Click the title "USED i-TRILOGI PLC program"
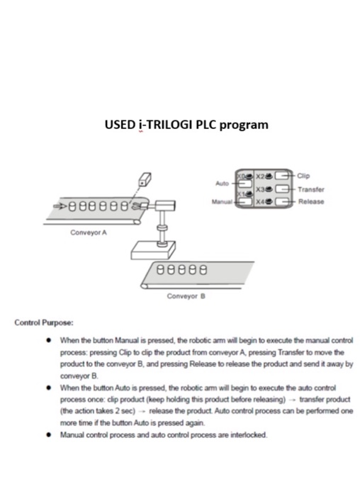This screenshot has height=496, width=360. click(186, 125)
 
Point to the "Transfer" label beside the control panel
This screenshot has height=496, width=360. click(311, 190)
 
